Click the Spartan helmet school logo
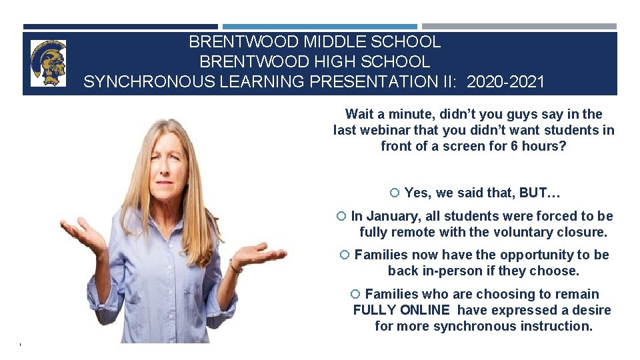click(x=48, y=63)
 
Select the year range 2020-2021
click(x=506, y=82)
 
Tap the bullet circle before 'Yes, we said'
click(x=394, y=193)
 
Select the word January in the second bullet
click(x=393, y=216)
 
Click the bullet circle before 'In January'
click(x=341, y=216)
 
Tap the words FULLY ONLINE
click(x=401, y=310)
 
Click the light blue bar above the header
click(x=319, y=27)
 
